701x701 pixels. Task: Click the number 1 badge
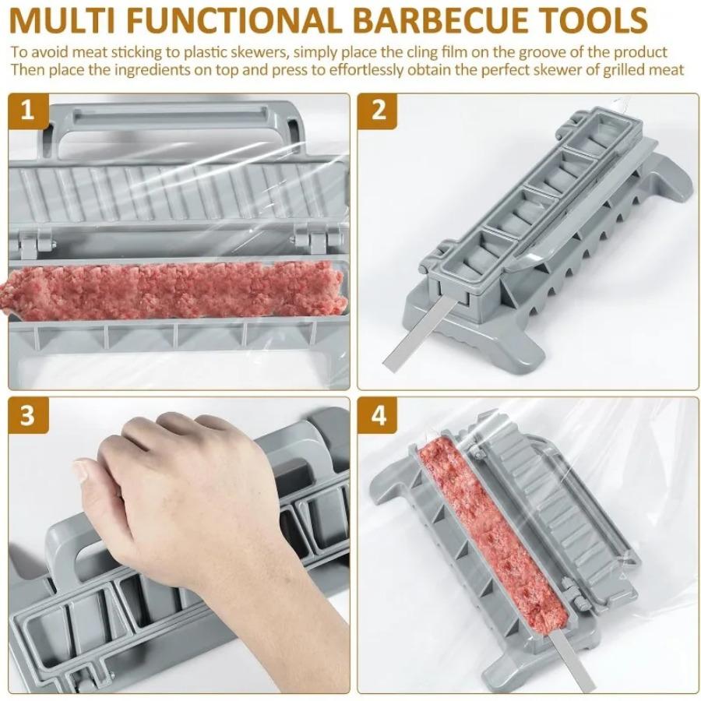tap(29, 111)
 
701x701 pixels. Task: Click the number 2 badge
tap(379, 111)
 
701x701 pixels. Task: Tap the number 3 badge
tap(29, 415)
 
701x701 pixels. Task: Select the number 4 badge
tap(379, 415)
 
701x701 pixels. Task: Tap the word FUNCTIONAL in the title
tap(238, 19)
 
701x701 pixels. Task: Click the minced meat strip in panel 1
tap(171, 290)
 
